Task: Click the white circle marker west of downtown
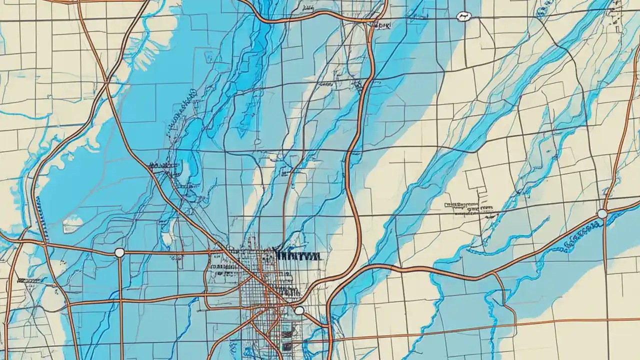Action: coord(119,252)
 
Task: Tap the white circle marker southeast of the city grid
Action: coord(299,310)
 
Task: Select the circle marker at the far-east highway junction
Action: coord(602,214)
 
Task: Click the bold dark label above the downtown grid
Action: coord(298,255)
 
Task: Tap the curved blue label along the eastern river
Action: coord(582,232)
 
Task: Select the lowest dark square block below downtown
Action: coord(286,346)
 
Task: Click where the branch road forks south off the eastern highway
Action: coord(492,274)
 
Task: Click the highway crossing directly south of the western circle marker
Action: coord(120,301)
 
